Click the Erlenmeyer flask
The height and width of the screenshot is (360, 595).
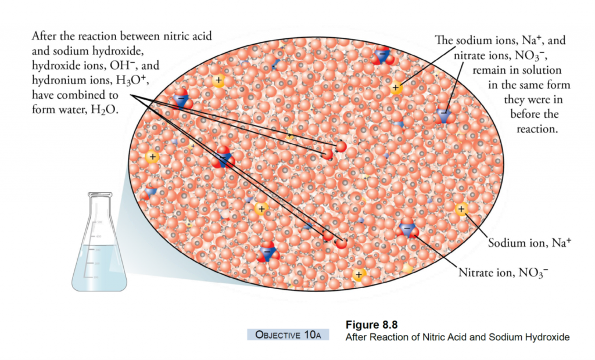[99, 250]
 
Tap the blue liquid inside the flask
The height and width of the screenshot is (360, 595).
[99, 267]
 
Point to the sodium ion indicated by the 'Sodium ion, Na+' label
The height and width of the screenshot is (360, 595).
[461, 209]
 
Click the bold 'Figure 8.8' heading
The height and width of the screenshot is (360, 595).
[371, 324]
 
